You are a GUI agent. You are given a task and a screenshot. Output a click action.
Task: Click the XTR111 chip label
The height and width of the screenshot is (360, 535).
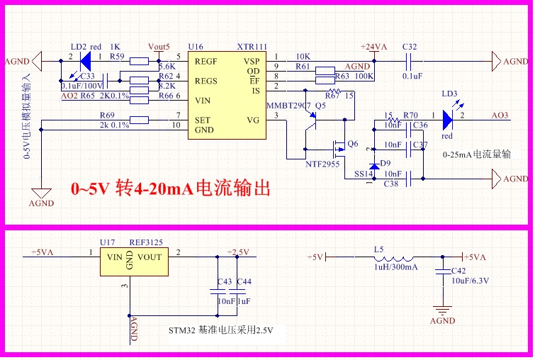coord(252,47)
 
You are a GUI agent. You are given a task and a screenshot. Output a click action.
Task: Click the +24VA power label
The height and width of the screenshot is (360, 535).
coord(373,47)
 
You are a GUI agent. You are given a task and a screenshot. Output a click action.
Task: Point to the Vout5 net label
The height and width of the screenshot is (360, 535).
coord(159,47)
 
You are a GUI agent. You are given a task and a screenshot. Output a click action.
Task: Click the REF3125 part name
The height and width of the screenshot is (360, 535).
coord(146,242)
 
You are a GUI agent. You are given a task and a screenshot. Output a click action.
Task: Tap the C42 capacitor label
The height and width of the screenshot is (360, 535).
coord(458,271)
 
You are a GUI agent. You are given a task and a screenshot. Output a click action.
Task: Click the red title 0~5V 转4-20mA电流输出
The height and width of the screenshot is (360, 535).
coord(170,190)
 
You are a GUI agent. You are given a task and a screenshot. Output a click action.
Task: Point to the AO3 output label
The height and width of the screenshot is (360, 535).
coord(500,115)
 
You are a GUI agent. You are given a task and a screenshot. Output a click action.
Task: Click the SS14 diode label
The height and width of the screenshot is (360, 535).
coord(362,174)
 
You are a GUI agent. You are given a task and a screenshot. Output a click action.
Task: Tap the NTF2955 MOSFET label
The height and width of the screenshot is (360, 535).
coord(323,164)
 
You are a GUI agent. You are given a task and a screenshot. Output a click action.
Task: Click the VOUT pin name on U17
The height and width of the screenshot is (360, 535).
coord(150,257)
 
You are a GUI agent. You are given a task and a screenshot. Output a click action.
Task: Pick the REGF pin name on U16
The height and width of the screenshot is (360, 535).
coord(206,62)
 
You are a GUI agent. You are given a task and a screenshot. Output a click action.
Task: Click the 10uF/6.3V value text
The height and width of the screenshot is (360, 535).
coord(471,280)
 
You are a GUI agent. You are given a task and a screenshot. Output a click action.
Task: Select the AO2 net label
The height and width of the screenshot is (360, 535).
coord(69,96)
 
